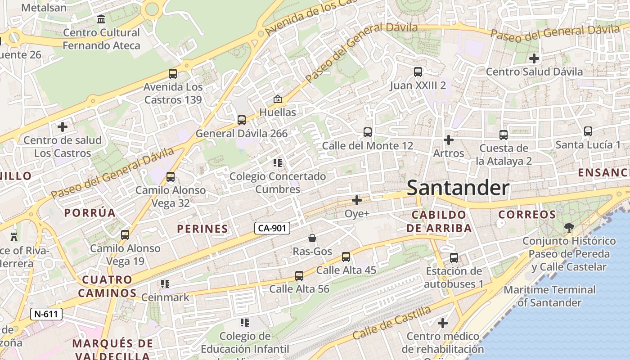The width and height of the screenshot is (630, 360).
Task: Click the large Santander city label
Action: pyautogui.click(x=458, y=188)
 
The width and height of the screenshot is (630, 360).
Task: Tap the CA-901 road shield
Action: pyautogui.click(x=272, y=228)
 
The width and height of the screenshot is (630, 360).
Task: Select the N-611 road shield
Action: pyautogui.click(x=46, y=314)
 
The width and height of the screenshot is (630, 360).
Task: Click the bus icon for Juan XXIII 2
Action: pyautogui.click(x=418, y=72)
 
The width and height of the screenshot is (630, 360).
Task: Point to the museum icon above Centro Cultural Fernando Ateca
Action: pyautogui.click(x=101, y=19)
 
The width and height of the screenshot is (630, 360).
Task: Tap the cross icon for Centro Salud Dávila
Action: pyautogui.click(x=534, y=58)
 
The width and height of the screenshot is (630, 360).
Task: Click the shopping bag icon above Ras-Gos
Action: pyautogui.click(x=312, y=238)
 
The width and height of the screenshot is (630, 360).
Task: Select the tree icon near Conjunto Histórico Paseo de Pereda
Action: pyautogui.click(x=569, y=227)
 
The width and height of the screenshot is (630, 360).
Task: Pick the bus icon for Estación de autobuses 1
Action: pyautogui.click(x=454, y=258)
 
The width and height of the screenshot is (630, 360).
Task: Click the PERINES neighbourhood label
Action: pyautogui.click(x=202, y=229)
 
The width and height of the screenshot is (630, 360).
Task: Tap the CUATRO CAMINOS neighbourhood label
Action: pyautogui.click(x=107, y=286)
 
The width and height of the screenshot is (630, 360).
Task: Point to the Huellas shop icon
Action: pyautogui.click(x=278, y=99)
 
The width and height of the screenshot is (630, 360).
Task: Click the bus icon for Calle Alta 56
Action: pyautogui.click(x=299, y=276)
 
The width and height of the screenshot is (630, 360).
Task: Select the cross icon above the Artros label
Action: pyautogui.click(x=448, y=140)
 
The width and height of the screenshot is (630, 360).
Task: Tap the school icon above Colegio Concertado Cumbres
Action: pyautogui.click(x=278, y=163)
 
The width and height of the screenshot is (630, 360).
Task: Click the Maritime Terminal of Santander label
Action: pyautogui.click(x=549, y=296)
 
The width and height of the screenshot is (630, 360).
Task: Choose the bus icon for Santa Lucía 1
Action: pyautogui.click(x=588, y=131)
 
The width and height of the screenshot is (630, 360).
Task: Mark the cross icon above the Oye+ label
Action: pyautogui.click(x=357, y=200)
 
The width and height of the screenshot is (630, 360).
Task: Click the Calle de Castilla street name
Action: pyautogui.click(x=391, y=322)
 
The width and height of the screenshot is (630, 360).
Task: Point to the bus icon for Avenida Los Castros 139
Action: pyautogui.click(x=173, y=74)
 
